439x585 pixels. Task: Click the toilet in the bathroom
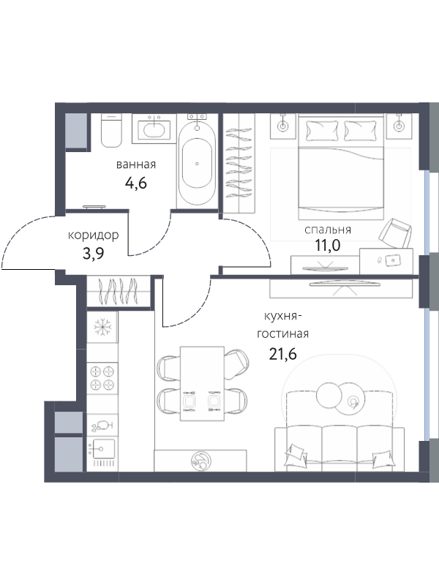click(x=112, y=131)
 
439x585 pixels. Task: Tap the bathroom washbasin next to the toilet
click(x=154, y=129)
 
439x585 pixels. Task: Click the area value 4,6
click(x=136, y=184)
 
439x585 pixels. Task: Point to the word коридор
click(x=94, y=235)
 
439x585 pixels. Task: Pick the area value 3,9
click(x=94, y=253)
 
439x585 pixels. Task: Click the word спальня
click(x=328, y=230)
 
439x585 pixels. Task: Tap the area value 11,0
click(x=328, y=246)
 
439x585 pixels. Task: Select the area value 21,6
click(x=282, y=354)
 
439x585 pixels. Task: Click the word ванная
click(x=136, y=165)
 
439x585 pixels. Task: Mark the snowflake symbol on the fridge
click(x=102, y=327)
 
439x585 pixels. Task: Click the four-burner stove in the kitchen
click(x=102, y=378)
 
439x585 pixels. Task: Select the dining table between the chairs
click(x=202, y=383)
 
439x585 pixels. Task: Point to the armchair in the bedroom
click(x=395, y=233)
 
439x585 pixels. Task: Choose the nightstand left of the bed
click(x=282, y=127)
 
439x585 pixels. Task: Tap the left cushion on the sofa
click(x=296, y=453)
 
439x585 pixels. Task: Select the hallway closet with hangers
click(x=119, y=292)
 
